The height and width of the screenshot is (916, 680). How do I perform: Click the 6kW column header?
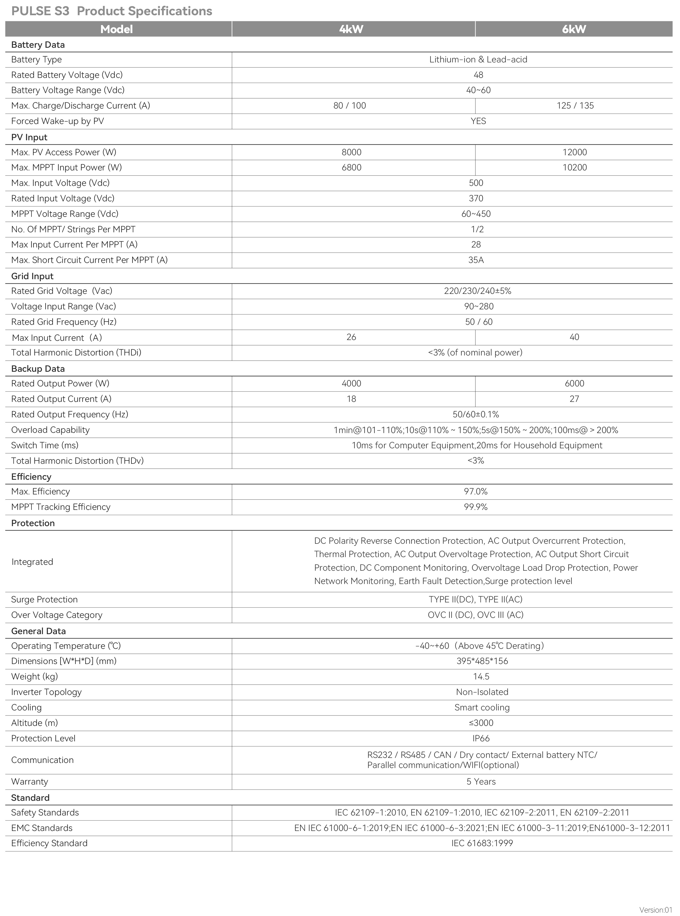(x=574, y=29)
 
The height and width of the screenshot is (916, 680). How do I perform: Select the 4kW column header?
(x=351, y=29)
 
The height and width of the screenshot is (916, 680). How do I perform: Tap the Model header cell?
(x=116, y=29)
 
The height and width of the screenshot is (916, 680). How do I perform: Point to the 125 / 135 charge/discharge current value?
(x=575, y=106)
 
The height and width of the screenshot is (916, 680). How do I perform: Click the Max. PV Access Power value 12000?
(x=575, y=152)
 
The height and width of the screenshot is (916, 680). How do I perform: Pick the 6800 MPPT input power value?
(x=352, y=167)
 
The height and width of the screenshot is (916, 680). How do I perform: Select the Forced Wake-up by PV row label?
(x=58, y=121)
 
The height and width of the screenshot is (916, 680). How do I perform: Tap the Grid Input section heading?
(x=32, y=276)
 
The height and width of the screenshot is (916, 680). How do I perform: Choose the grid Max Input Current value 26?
(x=351, y=337)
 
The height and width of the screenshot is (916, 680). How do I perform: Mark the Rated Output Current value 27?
(x=574, y=399)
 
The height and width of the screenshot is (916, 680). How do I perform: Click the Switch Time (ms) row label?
(x=45, y=445)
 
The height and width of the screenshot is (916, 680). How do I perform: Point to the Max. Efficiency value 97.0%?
(x=476, y=491)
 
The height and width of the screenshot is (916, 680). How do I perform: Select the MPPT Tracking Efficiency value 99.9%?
(x=476, y=507)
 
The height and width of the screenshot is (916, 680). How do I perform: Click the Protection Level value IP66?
(x=481, y=739)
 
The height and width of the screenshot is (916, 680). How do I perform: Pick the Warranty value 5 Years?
(x=481, y=782)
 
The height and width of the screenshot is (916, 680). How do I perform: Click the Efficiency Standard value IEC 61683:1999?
(x=482, y=843)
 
